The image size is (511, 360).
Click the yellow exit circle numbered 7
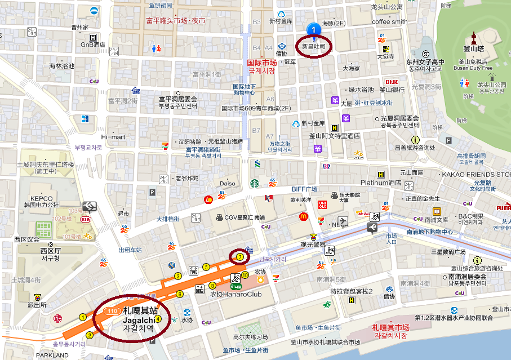[x=240, y=256]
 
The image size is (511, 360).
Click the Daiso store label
[x=228, y=183]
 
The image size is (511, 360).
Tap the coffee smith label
[x=389, y=21]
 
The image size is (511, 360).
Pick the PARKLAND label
[x=52, y=355]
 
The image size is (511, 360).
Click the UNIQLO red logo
[x=323, y=204]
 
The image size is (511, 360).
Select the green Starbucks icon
[x=254, y=183]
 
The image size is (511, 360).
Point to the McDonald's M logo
[x=303, y=216]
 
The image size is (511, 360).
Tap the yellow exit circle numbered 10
[x=245, y=275]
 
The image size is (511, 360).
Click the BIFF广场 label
[x=305, y=188]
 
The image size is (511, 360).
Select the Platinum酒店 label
[x=380, y=183]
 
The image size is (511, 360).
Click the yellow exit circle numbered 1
[x=83, y=317]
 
